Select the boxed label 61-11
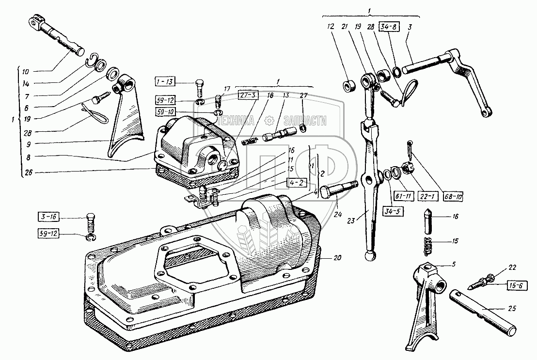[403, 196]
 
